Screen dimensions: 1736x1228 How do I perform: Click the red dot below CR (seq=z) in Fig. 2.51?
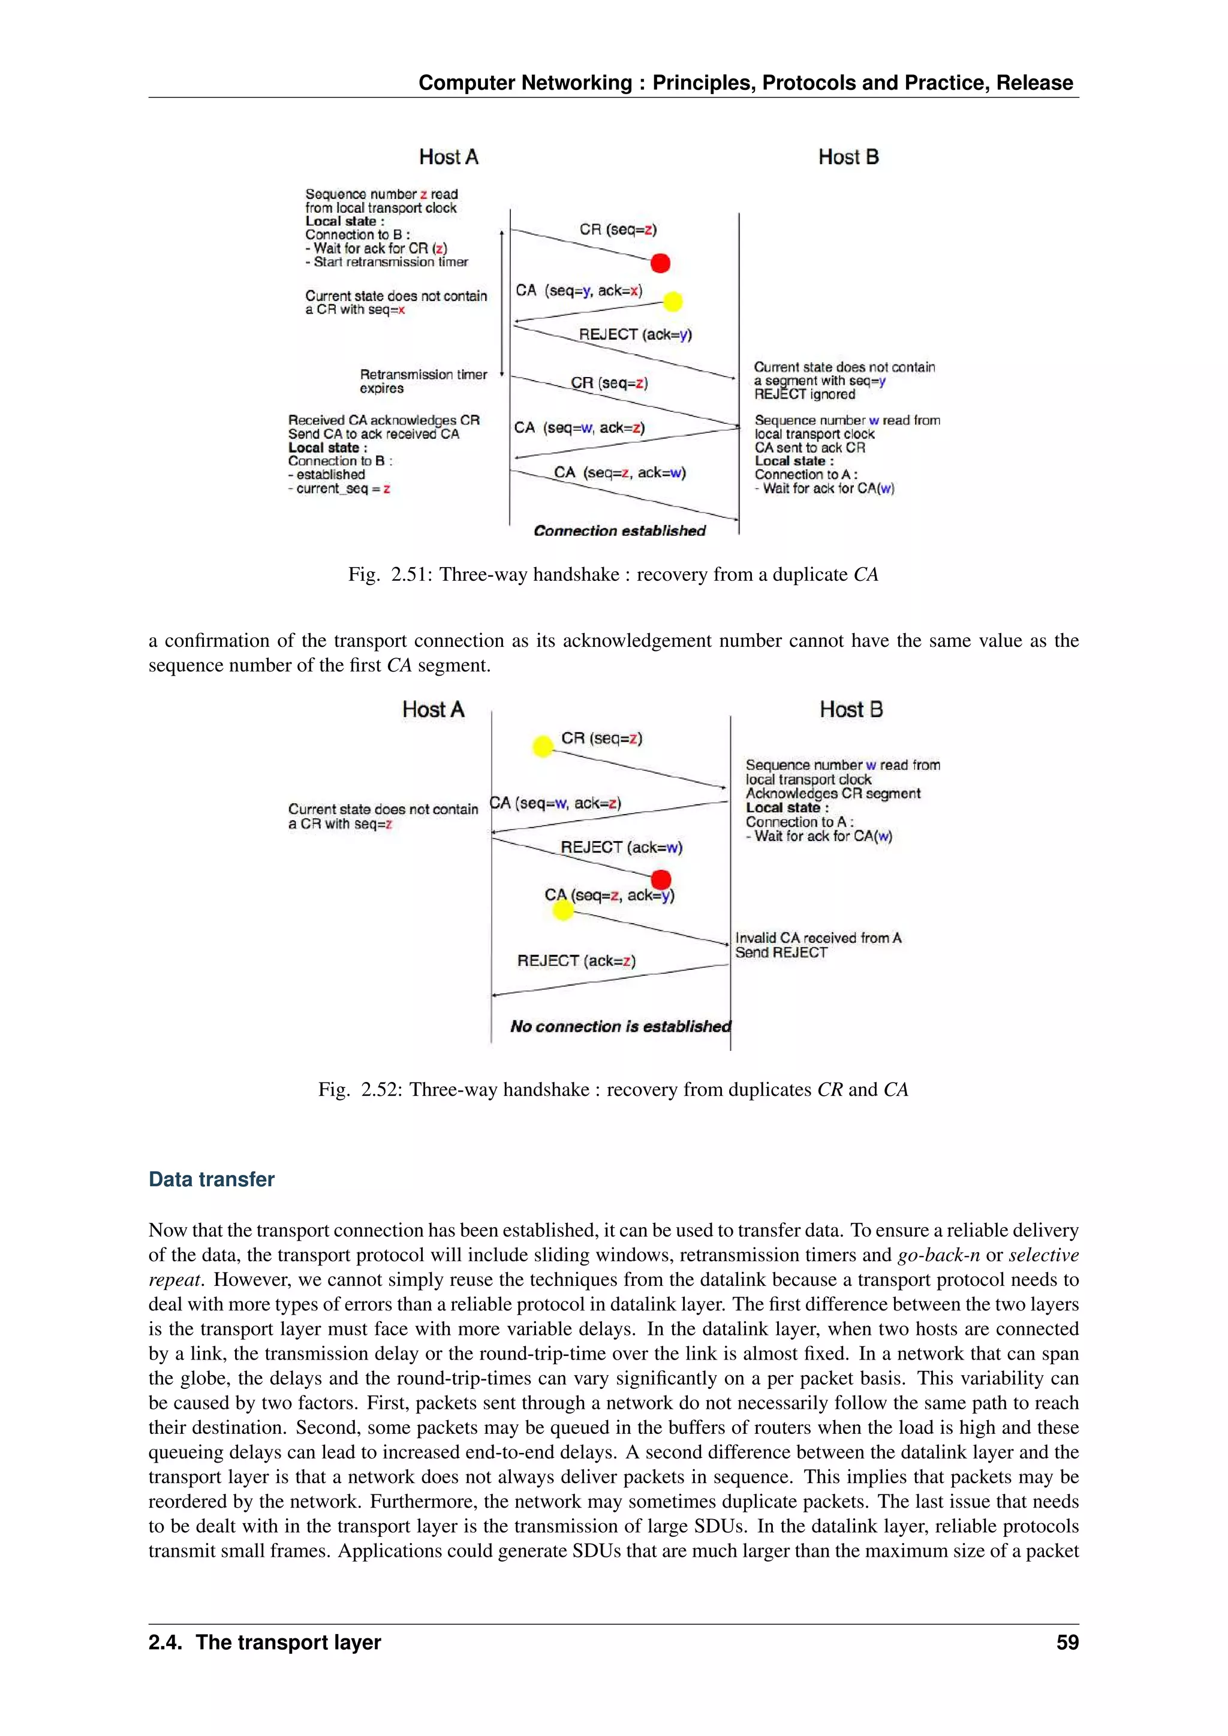click(x=660, y=263)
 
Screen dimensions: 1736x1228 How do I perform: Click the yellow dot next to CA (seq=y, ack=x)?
click(x=672, y=302)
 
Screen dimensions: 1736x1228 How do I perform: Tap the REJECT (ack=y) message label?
click(x=635, y=334)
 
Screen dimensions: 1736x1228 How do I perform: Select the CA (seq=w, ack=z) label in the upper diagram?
click(x=579, y=428)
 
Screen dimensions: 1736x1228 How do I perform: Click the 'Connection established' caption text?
click(x=619, y=531)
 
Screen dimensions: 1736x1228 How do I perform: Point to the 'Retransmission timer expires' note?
click(x=423, y=381)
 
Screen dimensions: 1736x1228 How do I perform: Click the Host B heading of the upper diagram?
click(x=848, y=157)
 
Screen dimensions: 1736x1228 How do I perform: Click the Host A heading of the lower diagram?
click(x=432, y=709)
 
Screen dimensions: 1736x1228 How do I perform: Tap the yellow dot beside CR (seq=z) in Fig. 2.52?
click(x=543, y=746)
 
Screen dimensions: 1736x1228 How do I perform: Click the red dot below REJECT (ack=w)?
click(x=661, y=879)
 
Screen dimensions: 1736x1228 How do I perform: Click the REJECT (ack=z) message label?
click(x=576, y=960)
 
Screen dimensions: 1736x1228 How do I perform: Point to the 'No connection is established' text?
click(x=620, y=1026)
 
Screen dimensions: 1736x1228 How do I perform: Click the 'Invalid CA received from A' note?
click(x=818, y=938)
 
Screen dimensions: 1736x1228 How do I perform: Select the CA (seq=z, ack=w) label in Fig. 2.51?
click(x=619, y=472)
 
